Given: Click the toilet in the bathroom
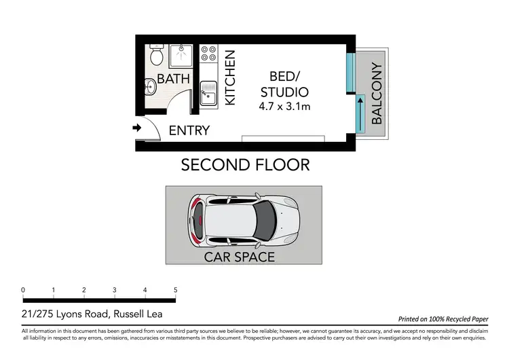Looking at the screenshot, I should pyautogui.click(x=157, y=53).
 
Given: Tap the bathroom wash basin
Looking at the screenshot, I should pyautogui.click(x=150, y=87).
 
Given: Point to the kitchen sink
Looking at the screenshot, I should pyautogui.click(x=208, y=93).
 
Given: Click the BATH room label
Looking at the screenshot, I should pyautogui.click(x=173, y=79).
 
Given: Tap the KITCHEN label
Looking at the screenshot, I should pyautogui.click(x=229, y=77).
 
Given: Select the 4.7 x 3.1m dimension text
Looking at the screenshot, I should pyautogui.click(x=284, y=107).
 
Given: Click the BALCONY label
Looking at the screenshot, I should pyautogui.click(x=377, y=94).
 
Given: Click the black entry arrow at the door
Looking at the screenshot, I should pyautogui.click(x=136, y=128).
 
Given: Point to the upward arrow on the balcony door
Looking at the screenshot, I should pyautogui.click(x=360, y=113).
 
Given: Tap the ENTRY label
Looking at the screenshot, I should pyautogui.click(x=189, y=130).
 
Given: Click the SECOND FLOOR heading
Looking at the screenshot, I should pyautogui.click(x=245, y=164).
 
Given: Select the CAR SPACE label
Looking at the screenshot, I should pyautogui.click(x=240, y=257).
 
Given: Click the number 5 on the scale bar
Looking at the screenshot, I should pyautogui.click(x=175, y=290).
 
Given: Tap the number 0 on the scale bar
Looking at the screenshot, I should pyautogui.click(x=23, y=290).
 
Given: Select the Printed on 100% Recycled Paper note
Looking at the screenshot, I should pyautogui.click(x=441, y=318).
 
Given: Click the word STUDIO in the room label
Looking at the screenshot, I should pyautogui.click(x=284, y=92).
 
